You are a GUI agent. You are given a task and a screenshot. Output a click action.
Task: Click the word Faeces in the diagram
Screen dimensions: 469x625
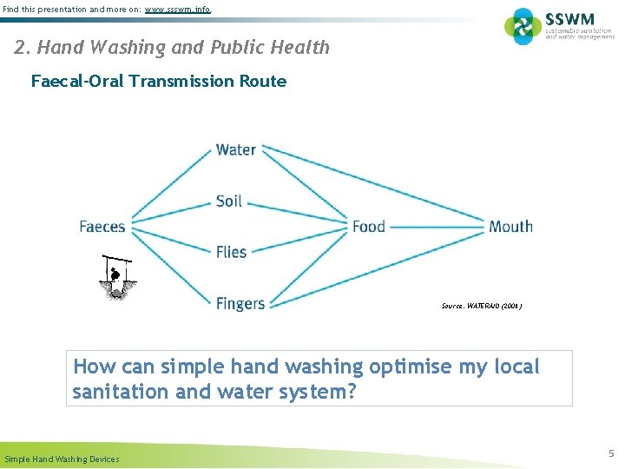point(102,227)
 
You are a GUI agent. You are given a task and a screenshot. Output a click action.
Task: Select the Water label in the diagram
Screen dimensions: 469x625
point(235,149)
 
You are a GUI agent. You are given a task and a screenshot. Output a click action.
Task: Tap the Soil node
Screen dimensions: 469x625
point(229,201)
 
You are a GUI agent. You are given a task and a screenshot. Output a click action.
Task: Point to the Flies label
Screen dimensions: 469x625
point(232,252)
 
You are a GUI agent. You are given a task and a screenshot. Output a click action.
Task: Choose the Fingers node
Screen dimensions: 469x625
point(240,303)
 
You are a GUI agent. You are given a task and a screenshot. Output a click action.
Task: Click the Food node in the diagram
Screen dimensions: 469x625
point(368,227)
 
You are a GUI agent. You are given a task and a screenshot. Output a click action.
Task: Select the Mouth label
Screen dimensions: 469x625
point(510,227)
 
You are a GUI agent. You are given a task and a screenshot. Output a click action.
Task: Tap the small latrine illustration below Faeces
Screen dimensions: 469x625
point(115,277)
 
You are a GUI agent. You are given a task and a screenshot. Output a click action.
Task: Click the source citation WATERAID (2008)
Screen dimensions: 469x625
point(482,306)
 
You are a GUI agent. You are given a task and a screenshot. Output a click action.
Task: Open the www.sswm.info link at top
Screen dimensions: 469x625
point(177,9)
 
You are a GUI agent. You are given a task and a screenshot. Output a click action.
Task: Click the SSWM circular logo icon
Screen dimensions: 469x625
point(523,26)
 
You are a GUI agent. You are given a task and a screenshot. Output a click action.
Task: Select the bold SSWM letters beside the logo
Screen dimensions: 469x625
point(569,18)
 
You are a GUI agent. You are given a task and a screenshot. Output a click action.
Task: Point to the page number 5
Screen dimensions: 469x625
point(611,452)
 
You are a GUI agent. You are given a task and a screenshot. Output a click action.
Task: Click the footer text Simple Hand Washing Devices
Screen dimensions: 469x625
point(62,459)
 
